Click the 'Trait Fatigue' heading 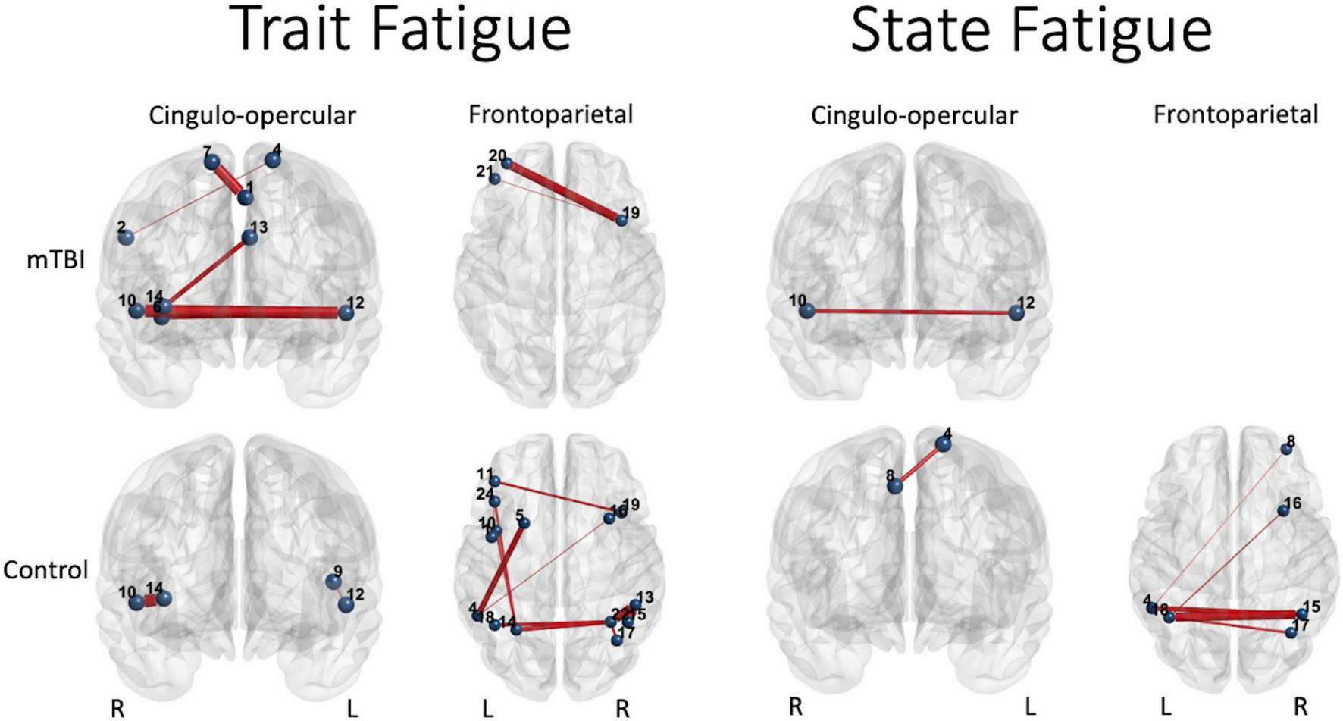pyautogui.click(x=403, y=29)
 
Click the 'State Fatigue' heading pyautogui.click(x=1031, y=29)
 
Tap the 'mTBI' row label pyautogui.click(x=55, y=260)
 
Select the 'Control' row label pyautogui.click(x=45, y=569)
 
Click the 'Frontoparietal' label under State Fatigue pyautogui.click(x=1235, y=114)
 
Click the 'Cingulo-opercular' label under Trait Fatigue pyautogui.click(x=252, y=115)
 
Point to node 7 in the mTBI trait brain pyautogui.click(x=211, y=161)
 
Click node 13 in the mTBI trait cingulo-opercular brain pyautogui.click(x=249, y=237)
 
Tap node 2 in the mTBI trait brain pyautogui.click(x=126, y=237)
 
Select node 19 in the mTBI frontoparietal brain pyautogui.click(x=621, y=220)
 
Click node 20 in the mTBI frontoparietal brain pyautogui.click(x=506, y=163)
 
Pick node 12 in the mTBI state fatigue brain pyautogui.click(x=1016, y=313)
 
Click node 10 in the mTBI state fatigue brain pyautogui.click(x=806, y=310)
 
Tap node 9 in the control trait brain pyautogui.click(x=333, y=582)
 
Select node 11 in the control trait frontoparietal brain pyautogui.click(x=494, y=481)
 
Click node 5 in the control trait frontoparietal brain pyautogui.click(x=524, y=522)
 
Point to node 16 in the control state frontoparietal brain pyautogui.click(x=1283, y=510)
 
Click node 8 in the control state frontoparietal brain pyautogui.click(x=1286, y=449)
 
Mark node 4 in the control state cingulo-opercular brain pyautogui.click(x=944, y=444)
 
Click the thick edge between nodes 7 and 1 pyautogui.click(x=228, y=180)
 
